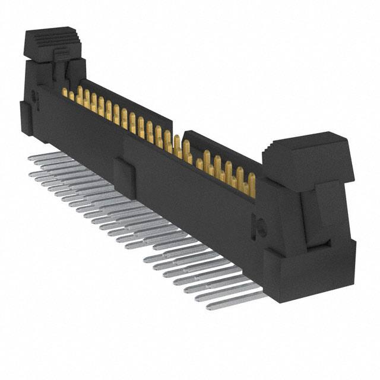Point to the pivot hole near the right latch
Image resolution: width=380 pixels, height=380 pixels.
pyautogui.click(x=258, y=225)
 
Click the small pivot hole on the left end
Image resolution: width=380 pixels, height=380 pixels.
pyautogui.click(x=34, y=94)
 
